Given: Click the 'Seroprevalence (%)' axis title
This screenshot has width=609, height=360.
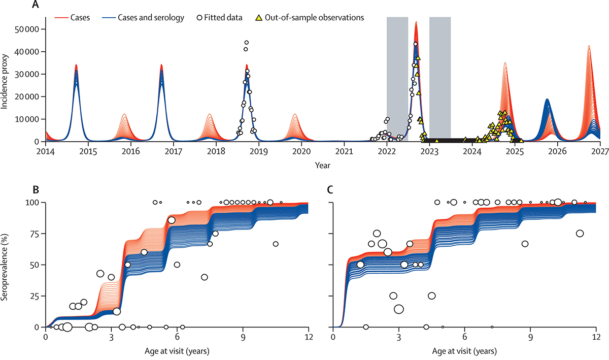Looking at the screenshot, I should (6, 264).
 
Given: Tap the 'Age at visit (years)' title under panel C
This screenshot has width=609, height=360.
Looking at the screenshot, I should (464, 351).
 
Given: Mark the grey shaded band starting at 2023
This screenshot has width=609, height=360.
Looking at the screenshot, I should (440, 76).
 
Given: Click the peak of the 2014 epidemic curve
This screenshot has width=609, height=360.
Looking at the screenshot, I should (76, 65).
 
